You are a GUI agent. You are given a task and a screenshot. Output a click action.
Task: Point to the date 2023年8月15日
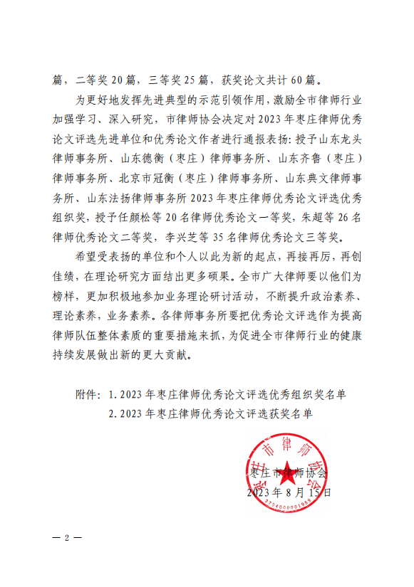click(x=287, y=492)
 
